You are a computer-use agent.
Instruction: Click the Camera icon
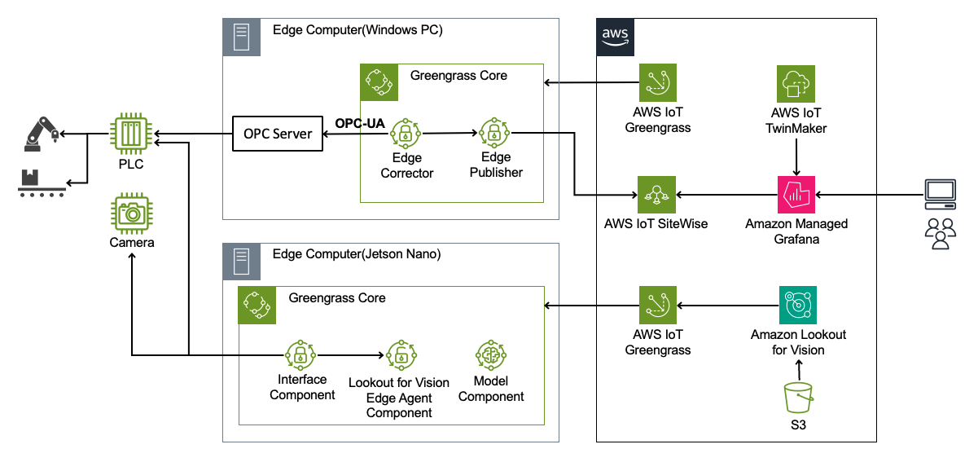tap(130, 213)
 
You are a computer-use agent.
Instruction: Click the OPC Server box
tap(278, 134)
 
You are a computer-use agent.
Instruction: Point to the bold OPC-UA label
tap(360, 123)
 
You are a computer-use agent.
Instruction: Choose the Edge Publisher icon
tap(493, 132)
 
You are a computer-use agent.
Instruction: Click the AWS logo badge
tap(614, 36)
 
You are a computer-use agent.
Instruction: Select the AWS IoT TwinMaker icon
tap(796, 84)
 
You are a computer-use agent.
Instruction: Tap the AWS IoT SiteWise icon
tap(657, 194)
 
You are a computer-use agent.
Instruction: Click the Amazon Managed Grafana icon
tap(796, 194)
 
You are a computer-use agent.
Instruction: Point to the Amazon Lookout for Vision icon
tap(796, 306)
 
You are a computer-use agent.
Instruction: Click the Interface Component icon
tap(300, 354)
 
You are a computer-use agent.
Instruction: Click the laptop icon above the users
tap(941, 192)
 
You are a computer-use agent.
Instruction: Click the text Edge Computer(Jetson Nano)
tap(357, 254)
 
